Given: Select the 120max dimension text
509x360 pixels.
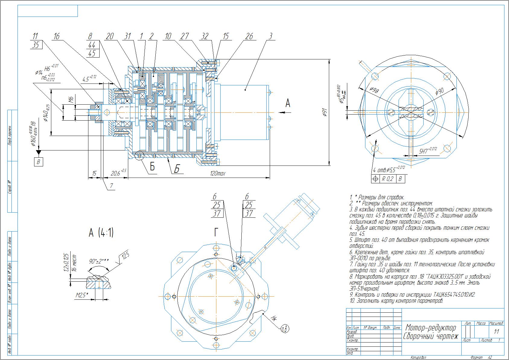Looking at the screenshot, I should (218, 174).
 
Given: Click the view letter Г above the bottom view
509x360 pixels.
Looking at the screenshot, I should (216, 232).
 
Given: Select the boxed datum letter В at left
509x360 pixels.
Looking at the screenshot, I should (38, 162).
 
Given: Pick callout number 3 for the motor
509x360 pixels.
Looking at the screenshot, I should (271, 36).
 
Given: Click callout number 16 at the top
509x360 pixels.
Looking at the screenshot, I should (56, 36).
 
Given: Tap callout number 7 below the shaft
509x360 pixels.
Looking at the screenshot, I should (111, 186).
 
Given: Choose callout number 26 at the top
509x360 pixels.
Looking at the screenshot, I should (249, 36).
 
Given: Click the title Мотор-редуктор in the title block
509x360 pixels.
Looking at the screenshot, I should (430, 327).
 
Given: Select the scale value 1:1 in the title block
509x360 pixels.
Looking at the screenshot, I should (496, 332).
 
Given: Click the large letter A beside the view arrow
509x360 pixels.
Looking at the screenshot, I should (288, 103).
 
